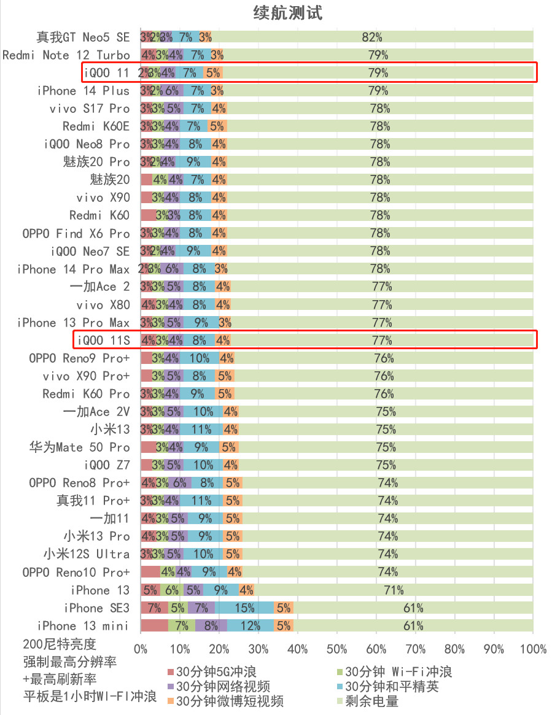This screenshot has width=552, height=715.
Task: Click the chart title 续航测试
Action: coord(288,12)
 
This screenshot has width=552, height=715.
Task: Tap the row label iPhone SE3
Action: coord(97,608)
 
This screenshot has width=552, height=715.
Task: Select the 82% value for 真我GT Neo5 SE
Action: coord(372,37)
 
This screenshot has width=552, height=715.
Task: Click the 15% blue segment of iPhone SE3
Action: coord(244,608)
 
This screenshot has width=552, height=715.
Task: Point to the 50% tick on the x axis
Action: coord(336,649)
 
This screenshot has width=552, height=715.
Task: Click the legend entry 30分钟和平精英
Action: coord(392,686)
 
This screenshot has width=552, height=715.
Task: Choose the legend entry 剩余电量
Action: coord(371,701)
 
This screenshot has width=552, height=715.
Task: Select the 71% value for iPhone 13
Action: coord(394,590)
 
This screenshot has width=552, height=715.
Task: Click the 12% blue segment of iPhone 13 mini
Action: coord(251,626)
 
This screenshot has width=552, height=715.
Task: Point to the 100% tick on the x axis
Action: coord(533,649)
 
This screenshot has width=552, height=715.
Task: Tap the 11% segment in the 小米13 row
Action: coord(201,430)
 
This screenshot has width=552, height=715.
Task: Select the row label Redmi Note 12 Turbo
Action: coord(66,55)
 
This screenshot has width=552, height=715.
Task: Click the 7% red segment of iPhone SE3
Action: coord(154,608)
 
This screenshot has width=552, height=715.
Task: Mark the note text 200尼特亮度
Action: coord(60,644)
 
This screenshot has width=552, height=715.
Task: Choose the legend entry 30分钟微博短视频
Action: coord(230,701)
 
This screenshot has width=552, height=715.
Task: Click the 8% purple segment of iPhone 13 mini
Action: coord(211,626)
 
